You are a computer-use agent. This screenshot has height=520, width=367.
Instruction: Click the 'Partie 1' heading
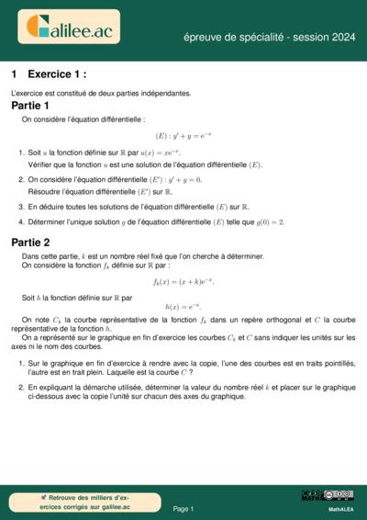pos(30,106)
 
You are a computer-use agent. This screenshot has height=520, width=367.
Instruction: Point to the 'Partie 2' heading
pos(30,242)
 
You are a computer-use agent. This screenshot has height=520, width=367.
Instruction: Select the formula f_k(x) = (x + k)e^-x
pos(183,281)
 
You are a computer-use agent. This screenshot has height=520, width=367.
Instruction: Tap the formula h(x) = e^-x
pos(183,307)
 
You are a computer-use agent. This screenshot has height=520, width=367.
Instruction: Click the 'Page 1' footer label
pos(183,508)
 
